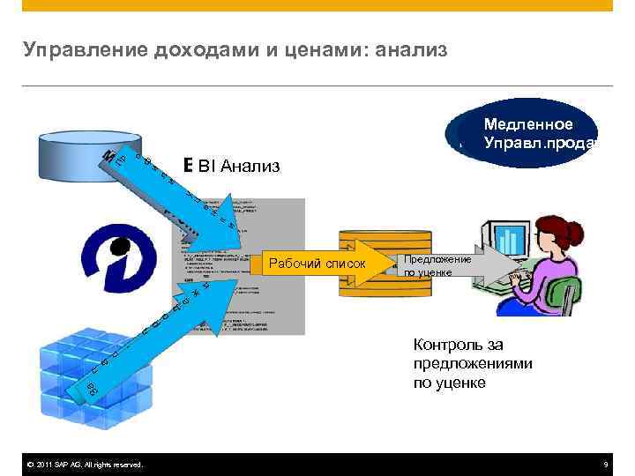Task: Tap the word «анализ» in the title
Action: pos(412,50)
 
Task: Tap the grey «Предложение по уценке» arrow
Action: pos(441,265)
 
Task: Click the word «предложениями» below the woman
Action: pos(472,364)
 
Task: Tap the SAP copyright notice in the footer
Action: pos(85,465)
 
